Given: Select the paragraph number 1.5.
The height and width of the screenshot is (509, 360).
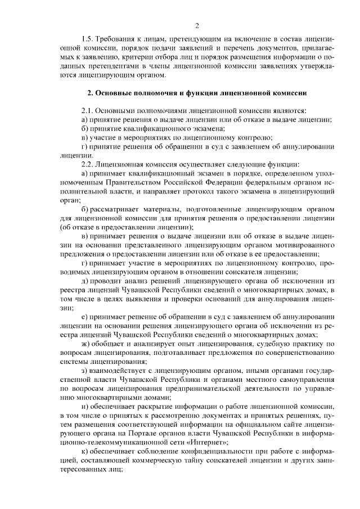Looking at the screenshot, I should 88,40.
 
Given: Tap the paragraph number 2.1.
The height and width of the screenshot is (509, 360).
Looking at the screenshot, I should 88,111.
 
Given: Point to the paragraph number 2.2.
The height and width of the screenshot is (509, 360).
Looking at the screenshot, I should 88,164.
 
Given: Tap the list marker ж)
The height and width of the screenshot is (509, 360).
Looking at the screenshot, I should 86,343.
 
